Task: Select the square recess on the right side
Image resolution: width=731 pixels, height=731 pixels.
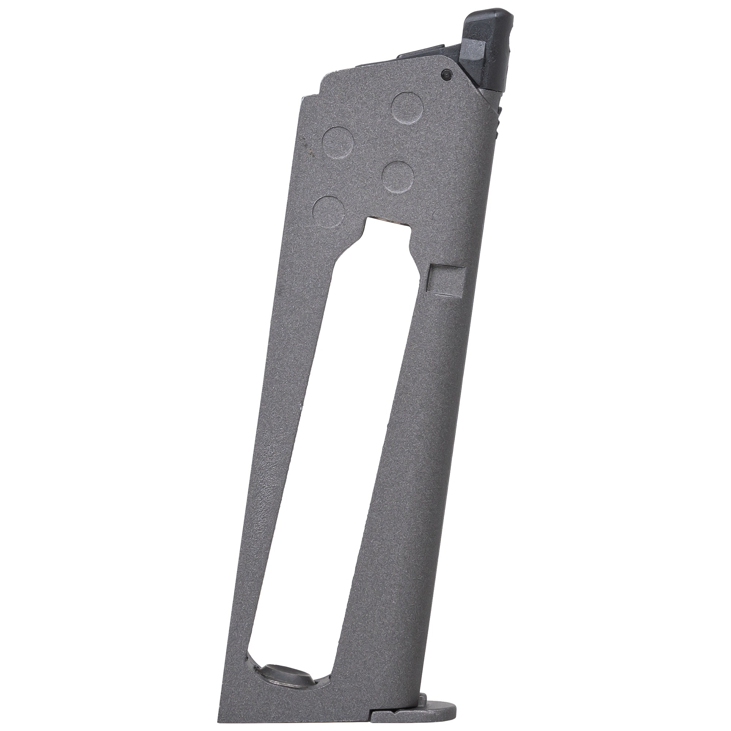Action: coord(446,279)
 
